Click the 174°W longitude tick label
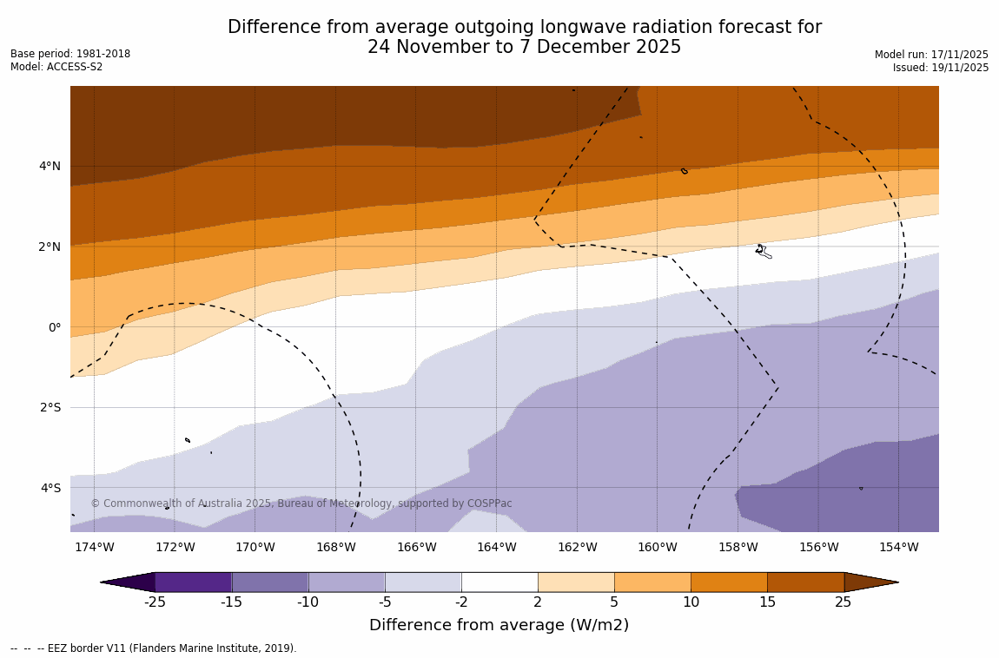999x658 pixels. point(94,547)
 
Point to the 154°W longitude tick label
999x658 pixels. point(898,547)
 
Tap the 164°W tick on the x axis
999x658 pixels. point(496,547)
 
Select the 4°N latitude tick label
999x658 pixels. point(50,166)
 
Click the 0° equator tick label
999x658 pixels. point(55,327)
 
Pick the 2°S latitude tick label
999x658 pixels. point(50,407)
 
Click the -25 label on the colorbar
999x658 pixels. point(155,602)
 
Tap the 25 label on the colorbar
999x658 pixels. point(844,602)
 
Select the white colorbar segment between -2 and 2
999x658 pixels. point(499,582)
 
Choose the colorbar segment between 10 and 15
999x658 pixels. point(729,582)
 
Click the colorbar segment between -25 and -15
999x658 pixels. point(193,582)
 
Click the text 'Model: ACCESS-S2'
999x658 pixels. point(56,67)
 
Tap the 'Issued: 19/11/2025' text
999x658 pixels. point(941,68)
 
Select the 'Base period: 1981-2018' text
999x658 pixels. point(70,54)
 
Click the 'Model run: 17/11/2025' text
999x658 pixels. point(931,55)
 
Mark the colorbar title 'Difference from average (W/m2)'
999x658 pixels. point(499,625)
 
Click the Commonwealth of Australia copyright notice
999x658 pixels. point(301,503)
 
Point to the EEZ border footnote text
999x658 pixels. point(154,648)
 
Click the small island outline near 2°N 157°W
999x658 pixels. point(763,251)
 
